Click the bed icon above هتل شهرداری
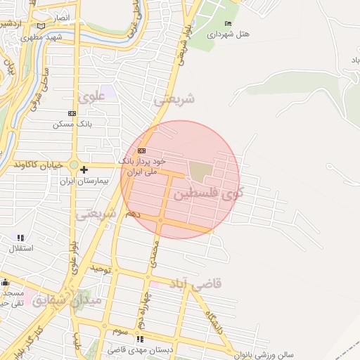[x=227, y=24]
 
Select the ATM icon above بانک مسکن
[x=72, y=113]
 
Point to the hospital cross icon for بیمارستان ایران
[x=84, y=169]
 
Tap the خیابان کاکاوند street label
[x=38, y=165]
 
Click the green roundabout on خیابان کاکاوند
[x=74, y=165]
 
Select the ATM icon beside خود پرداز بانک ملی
[x=142, y=150]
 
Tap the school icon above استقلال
[x=20, y=238]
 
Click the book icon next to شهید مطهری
[x=41, y=27]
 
